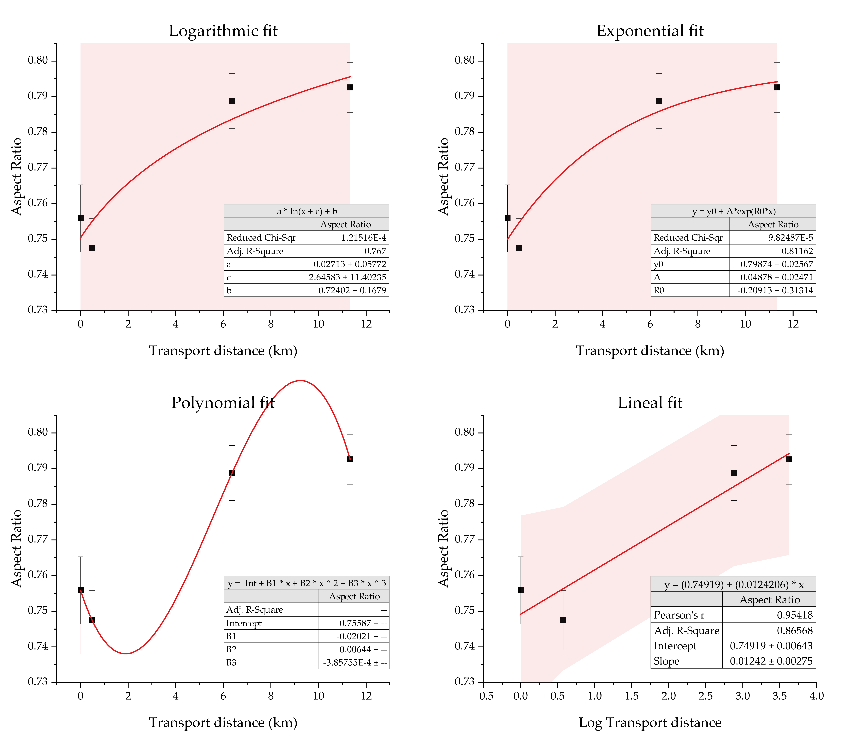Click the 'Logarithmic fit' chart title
pyautogui.click(x=223, y=31)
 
